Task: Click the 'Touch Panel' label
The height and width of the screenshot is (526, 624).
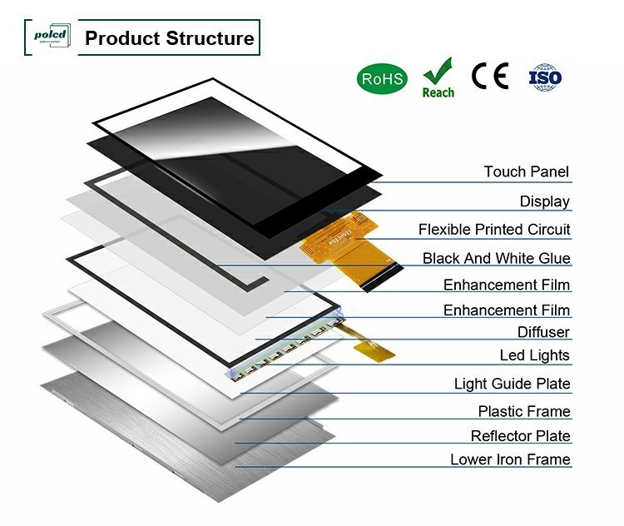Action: [x=527, y=172]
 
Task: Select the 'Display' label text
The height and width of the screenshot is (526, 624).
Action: [x=545, y=201]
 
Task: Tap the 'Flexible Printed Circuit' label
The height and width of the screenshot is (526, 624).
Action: [x=494, y=230]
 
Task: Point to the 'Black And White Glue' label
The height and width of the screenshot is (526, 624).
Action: [x=496, y=259]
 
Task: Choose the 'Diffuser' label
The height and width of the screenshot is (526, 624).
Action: [x=544, y=332]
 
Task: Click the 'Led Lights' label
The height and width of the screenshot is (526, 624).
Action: [x=534, y=355]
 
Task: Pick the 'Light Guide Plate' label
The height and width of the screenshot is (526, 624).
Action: [x=512, y=384]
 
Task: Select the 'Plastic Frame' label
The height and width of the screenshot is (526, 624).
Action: [x=524, y=411]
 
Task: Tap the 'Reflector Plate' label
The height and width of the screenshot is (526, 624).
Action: [x=520, y=436]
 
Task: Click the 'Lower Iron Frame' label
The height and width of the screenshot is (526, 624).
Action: [x=510, y=459]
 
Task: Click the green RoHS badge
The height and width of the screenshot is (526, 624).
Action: [x=382, y=79]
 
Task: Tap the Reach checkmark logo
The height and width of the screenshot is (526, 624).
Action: [x=438, y=77]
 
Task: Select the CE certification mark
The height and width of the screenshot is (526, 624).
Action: [x=489, y=77]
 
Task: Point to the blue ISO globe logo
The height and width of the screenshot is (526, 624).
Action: [x=546, y=77]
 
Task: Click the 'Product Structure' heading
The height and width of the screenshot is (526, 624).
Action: [x=169, y=38]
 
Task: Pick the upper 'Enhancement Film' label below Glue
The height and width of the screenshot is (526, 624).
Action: [x=506, y=285]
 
